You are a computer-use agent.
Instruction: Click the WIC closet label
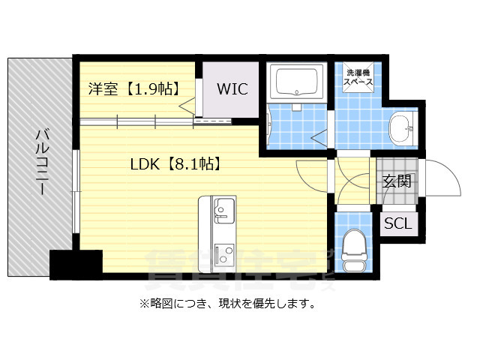(x=232, y=88)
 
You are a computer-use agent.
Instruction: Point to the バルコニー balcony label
(x=42, y=162)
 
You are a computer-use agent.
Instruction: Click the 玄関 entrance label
(x=397, y=181)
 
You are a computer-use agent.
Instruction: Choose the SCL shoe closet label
(x=397, y=223)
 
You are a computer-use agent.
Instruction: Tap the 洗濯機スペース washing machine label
(x=358, y=79)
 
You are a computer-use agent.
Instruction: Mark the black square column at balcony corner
(x=76, y=265)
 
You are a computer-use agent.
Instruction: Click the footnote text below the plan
(x=226, y=304)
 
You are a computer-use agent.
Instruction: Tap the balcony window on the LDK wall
(x=76, y=191)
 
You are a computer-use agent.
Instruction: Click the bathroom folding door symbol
(x=319, y=136)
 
